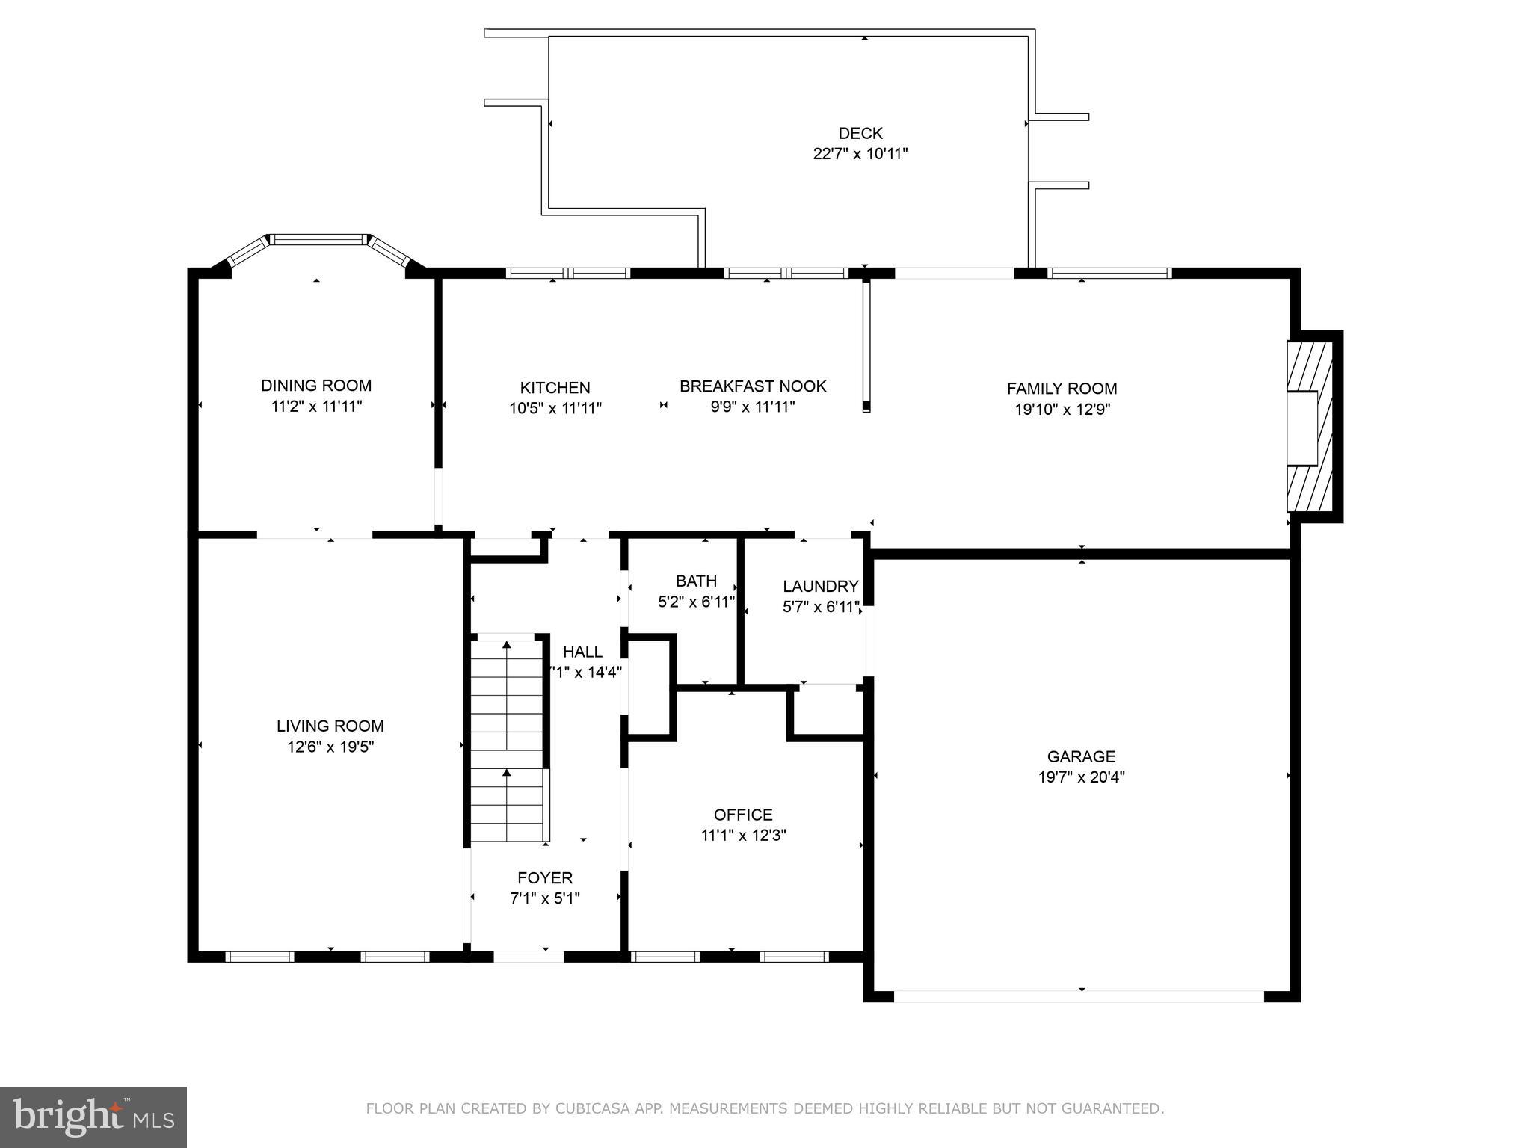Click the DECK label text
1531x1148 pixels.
860,133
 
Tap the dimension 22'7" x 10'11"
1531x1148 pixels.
860,154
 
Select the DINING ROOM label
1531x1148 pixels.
316,386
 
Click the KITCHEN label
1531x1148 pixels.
555,388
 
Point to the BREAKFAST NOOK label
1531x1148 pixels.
753,386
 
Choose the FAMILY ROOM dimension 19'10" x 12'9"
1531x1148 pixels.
1062,410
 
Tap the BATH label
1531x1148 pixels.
696,581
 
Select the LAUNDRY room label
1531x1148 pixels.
820,587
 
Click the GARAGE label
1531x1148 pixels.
1081,756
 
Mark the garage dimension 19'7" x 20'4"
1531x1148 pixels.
1081,777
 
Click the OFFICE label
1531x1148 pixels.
743,815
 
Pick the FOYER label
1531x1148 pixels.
545,878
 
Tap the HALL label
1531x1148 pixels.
582,652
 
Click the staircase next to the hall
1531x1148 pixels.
507,740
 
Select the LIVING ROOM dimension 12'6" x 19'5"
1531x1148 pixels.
330,747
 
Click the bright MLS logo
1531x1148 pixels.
93,1117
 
